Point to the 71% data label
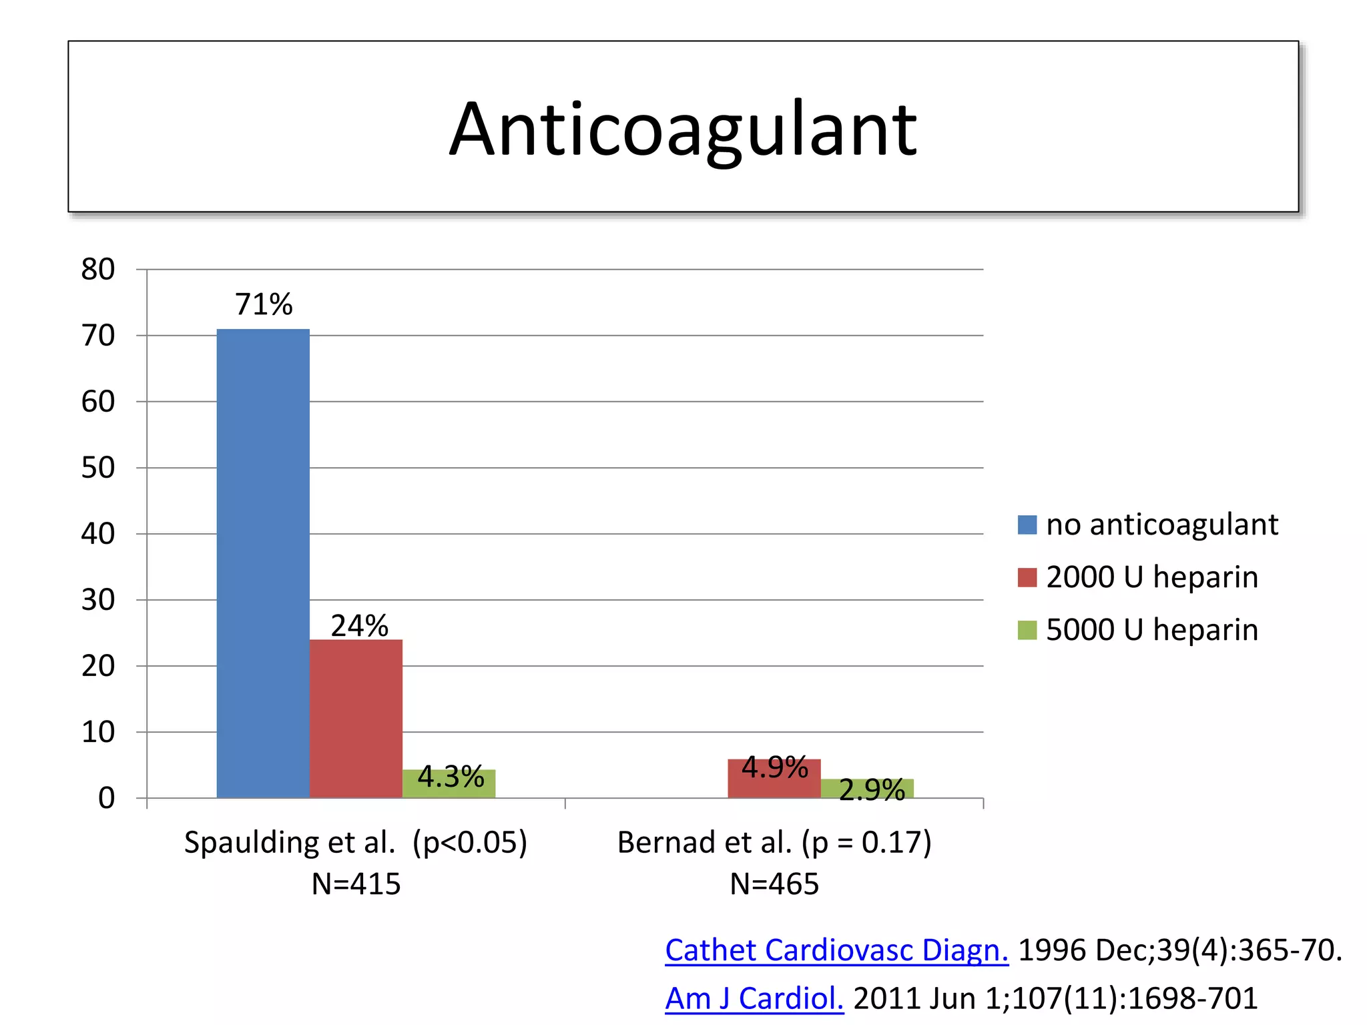pyautogui.click(x=264, y=304)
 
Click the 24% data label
pyautogui.click(x=359, y=626)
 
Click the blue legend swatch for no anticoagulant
pyautogui.click(x=1027, y=525)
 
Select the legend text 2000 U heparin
pyautogui.click(x=1151, y=577)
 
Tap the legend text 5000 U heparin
pyautogui.click(x=1151, y=630)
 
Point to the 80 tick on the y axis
pyautogui.click(x=97, y=270)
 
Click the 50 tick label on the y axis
pyautogui.click(x=97, y=468)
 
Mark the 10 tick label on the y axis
pyautogui.click(x=97, y=733)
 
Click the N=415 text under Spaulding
pyautogui.click(x=356, y=884)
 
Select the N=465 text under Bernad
pyautogui.click(x=774, y=884)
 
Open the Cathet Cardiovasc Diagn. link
pyautogui.click(x=836, y=950)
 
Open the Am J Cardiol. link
pyautogui.click(x=754, y=998)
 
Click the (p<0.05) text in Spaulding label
pyautogui.click(x=469, y=842)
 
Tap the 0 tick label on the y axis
pyautogui.click(x=106, y=798)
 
